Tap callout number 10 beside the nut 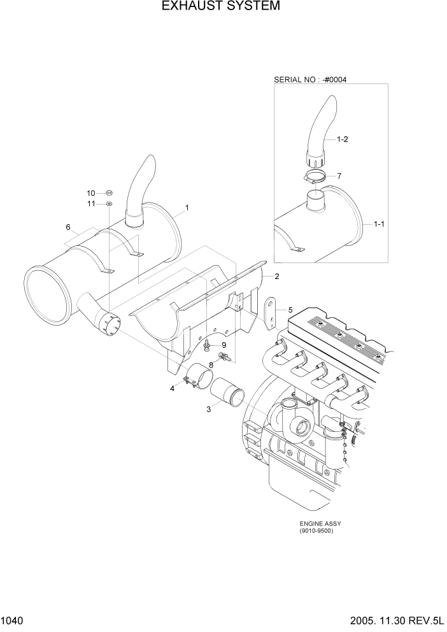tap(91, 192)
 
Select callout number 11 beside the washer tap(91, 204)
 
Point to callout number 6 tap(67, 227)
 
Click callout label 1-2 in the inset tap(342, 139)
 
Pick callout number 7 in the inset tap(339, 175)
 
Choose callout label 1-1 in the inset tap(379, 224)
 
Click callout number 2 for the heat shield tap(277, 276)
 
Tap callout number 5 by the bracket tap(290, 310)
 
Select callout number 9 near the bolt tap(223, 345)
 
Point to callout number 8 tap(212, 364)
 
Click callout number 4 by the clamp tap(172, 389)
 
